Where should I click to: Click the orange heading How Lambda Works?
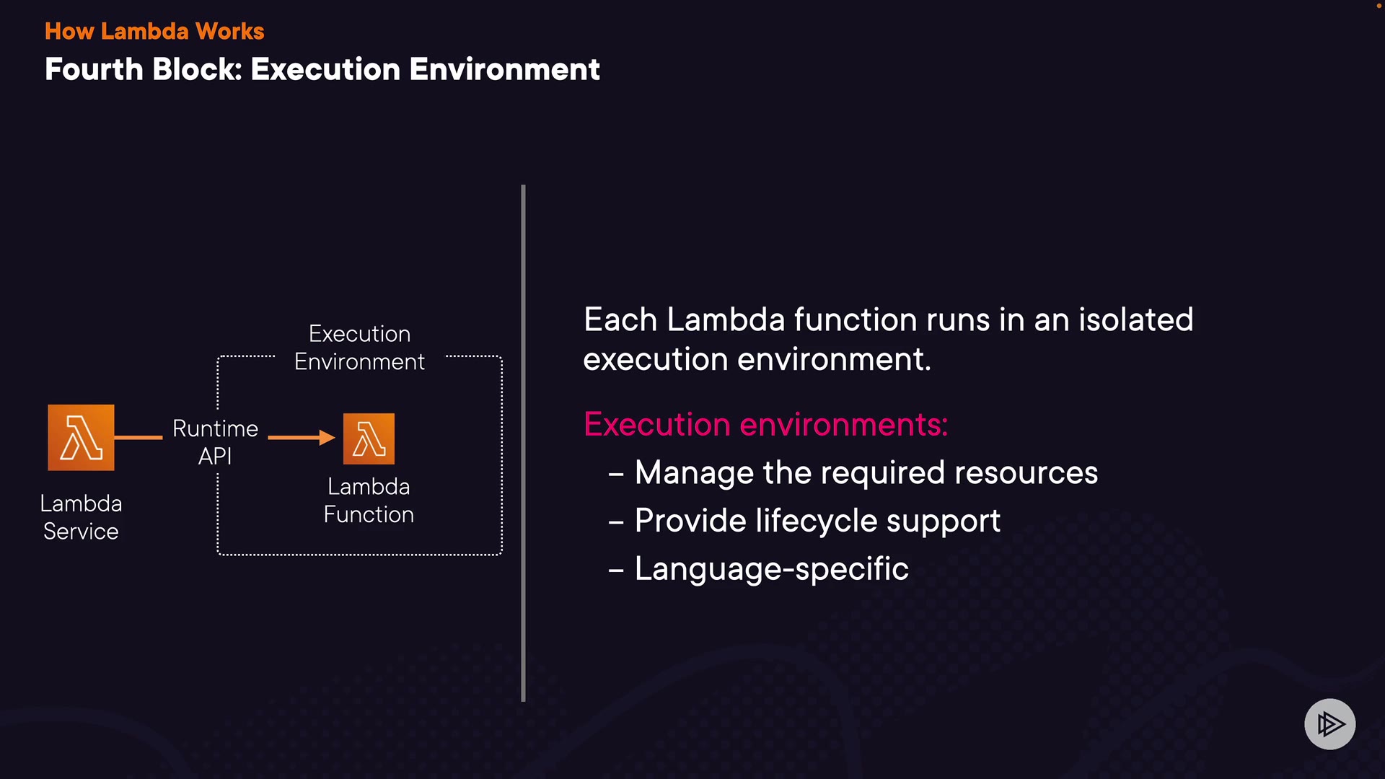[x=154, y=31]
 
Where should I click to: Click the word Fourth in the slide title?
[x=94, y=69]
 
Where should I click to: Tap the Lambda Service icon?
[x=81, y=438]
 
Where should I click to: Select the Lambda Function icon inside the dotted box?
[x=369, y=439]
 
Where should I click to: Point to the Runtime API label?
[x=215, y=442]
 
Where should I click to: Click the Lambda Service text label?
[x=81, y=517]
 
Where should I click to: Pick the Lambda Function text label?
[x=369, y=501]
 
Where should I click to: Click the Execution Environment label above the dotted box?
[x=359, y=348]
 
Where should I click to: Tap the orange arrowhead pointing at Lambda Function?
[x=327, y=437]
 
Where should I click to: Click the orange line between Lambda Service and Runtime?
[x=138, y=437]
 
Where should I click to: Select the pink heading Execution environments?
[x=765, y=424]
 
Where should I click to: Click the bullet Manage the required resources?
[x=866, y=473]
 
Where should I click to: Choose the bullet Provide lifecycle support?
[x=817, y=521]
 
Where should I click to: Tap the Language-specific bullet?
[x=771, y=569]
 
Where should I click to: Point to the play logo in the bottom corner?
[x=1329, y=724]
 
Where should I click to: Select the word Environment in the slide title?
[x=504, y=69]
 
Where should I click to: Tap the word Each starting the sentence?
[x=620, y=320]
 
